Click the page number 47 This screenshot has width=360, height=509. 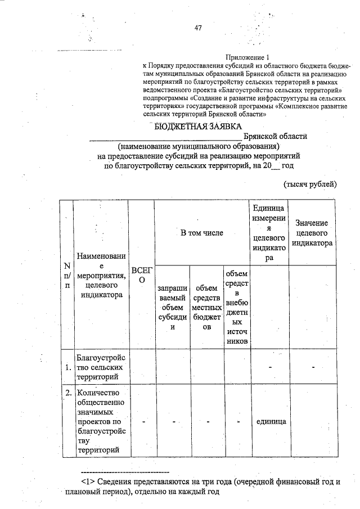[198, 28]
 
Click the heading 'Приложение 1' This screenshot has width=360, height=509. [248, 57]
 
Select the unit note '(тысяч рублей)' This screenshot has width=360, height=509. [310, 183]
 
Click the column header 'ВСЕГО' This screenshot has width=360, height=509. [142, 275]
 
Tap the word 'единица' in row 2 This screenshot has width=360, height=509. [269, 421]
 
